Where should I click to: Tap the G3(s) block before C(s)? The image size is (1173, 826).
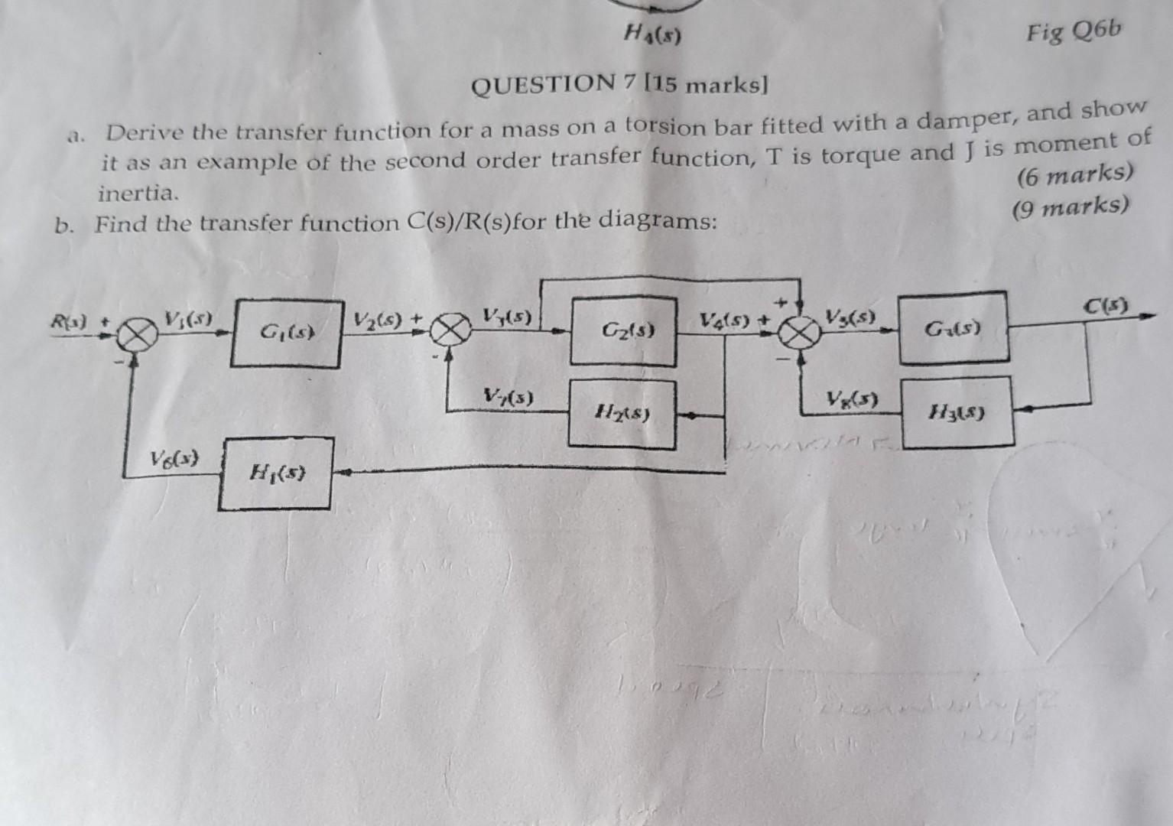coord(952,327)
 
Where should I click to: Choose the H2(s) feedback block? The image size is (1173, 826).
coord(623,414)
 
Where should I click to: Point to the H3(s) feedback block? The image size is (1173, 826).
coord(957,413)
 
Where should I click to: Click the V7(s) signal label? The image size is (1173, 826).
coord(509,396)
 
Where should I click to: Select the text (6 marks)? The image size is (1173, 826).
coord(1074,175)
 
